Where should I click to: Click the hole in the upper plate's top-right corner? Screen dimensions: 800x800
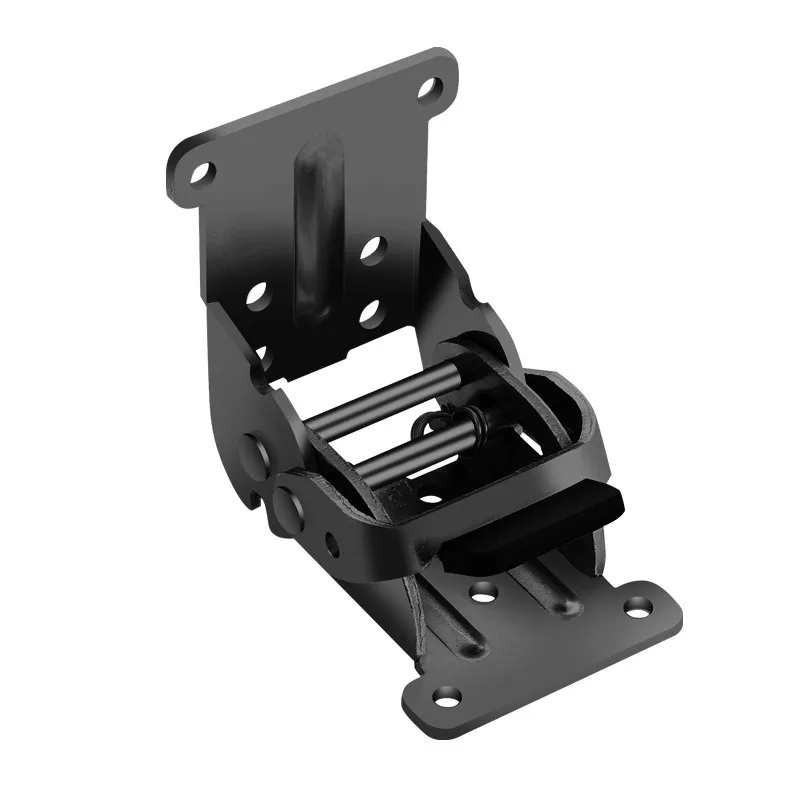point(428,88)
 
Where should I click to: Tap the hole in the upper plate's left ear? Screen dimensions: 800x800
point(201,173)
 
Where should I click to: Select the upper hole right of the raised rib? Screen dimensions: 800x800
point(372,249)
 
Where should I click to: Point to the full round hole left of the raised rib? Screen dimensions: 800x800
point(257,296)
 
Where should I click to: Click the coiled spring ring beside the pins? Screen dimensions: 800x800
point(433,425)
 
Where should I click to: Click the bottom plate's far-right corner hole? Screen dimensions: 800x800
point(638,605)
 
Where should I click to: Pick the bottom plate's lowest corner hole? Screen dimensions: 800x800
point(445,694)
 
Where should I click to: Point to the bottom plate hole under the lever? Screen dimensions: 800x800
point(484,592)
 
